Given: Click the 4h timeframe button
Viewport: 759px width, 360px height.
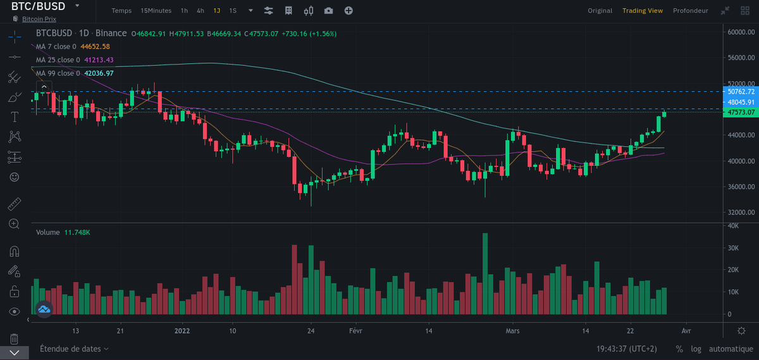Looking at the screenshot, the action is tap(201, 11).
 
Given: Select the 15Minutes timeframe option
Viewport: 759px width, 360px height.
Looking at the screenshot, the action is tap(156, 11).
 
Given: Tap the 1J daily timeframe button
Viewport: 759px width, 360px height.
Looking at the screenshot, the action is tap(216, 11).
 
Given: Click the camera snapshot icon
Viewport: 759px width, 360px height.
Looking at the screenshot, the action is tap(328, 11).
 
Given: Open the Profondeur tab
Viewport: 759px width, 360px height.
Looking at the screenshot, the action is tap(690, 11).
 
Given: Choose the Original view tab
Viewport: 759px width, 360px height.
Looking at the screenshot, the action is tap(600, 11).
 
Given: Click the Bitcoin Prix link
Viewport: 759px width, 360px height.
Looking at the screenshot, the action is tap(39, 19).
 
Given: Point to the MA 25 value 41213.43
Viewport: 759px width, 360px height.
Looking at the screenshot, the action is tap(99, 60).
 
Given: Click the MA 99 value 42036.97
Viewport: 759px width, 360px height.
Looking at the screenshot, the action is tap(99, 73).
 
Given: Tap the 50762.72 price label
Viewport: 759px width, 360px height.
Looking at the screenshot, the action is tap(741, 92).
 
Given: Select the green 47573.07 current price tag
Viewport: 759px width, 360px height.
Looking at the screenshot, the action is tap(741, 112).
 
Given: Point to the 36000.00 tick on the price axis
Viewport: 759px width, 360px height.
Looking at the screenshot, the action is tap(741, 187).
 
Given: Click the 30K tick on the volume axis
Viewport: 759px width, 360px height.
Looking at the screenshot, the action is tap(733, 248).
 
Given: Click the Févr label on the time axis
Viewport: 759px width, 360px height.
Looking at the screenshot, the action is tap(355, 331).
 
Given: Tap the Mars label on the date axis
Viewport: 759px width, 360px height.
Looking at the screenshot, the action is tap(512, 331).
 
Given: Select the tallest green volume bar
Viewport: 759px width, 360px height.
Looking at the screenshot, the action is tap(485, 274).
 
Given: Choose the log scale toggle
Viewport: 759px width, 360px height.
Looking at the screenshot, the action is tap(696, 349).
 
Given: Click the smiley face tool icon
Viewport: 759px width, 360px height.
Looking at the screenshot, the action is tap(14, 177).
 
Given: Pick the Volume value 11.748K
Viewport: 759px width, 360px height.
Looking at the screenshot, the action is tap(77, 233).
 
